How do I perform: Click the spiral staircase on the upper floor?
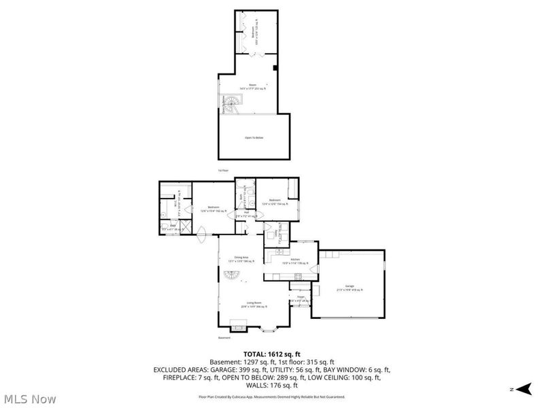[x=231, y=104]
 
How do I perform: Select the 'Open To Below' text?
[x=253, y=138]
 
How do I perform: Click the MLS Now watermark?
[x=29, y=399]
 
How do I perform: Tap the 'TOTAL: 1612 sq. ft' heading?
[x=271, y=354]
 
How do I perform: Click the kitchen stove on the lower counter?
[x=298, y=275]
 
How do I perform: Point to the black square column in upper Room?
[x=273, y=68]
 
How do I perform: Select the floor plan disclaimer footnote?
[x=271, y=395]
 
